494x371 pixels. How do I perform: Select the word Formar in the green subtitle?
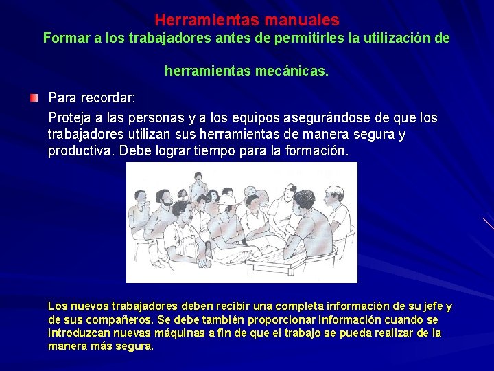point(66,38)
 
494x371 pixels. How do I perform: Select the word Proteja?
point(72,117)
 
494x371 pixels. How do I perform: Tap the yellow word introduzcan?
point(78,333)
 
